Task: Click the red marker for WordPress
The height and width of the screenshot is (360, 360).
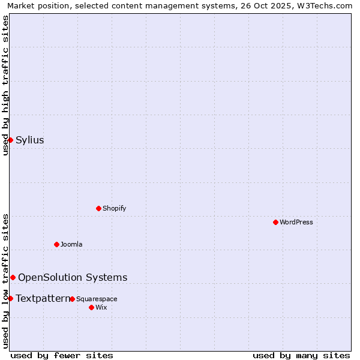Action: pyautogui.click(x=275, y=222)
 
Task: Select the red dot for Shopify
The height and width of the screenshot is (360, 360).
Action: pyautogui.click(x=98, y=208)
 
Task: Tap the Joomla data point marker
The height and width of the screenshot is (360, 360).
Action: pyautogui.click(x=56, y=244)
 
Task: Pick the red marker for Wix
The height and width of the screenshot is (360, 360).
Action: pyautogui.click(x=91, y=307)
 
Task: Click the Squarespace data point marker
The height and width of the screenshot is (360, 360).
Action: pyautogui.click(x=72, y=299)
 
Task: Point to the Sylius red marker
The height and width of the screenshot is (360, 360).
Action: pyautogui.click(x=10, y=140)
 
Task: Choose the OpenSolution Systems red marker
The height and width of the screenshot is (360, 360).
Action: pyautogui.click(x=13, y=277)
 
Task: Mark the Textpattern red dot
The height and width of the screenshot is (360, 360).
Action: pyautogui.click(x=10, y=298)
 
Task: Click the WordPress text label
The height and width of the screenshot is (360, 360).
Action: pyautogui.click(x=296, y=223)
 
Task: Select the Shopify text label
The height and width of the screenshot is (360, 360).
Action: pyautogui.click(x=114, y=209)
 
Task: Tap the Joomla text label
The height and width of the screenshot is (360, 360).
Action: pyautogui.click(x=71, y=245)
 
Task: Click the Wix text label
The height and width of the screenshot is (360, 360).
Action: pyautogui.click(x=101, y=308)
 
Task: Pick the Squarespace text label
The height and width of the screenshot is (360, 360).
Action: pyautogui.click(x=97, y=299)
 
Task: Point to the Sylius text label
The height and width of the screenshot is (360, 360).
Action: pyautogui.click(x=29, y=140)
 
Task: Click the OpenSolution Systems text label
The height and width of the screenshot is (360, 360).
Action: pyautogui.click(x=73, y=277)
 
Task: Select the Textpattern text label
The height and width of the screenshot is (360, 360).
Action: pyautogui.click(x=43, y=298)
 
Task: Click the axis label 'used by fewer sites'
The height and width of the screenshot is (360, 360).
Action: pyautogui.click(x=62, y=355)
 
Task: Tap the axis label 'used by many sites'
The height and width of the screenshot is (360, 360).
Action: pyautogui.click(x=301, y=355)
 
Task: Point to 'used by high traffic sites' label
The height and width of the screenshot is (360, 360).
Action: pyautogui.click(x=6, y=85)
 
